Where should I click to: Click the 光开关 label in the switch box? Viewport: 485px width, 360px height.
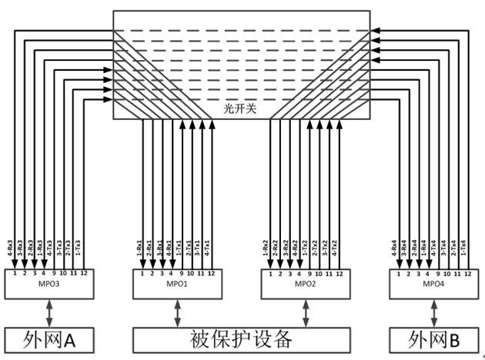point(242,110)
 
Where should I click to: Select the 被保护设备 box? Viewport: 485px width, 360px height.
point(240,338)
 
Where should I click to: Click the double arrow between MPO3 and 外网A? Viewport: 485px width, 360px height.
point(50,312)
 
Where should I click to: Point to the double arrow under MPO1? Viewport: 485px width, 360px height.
point(178,312)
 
